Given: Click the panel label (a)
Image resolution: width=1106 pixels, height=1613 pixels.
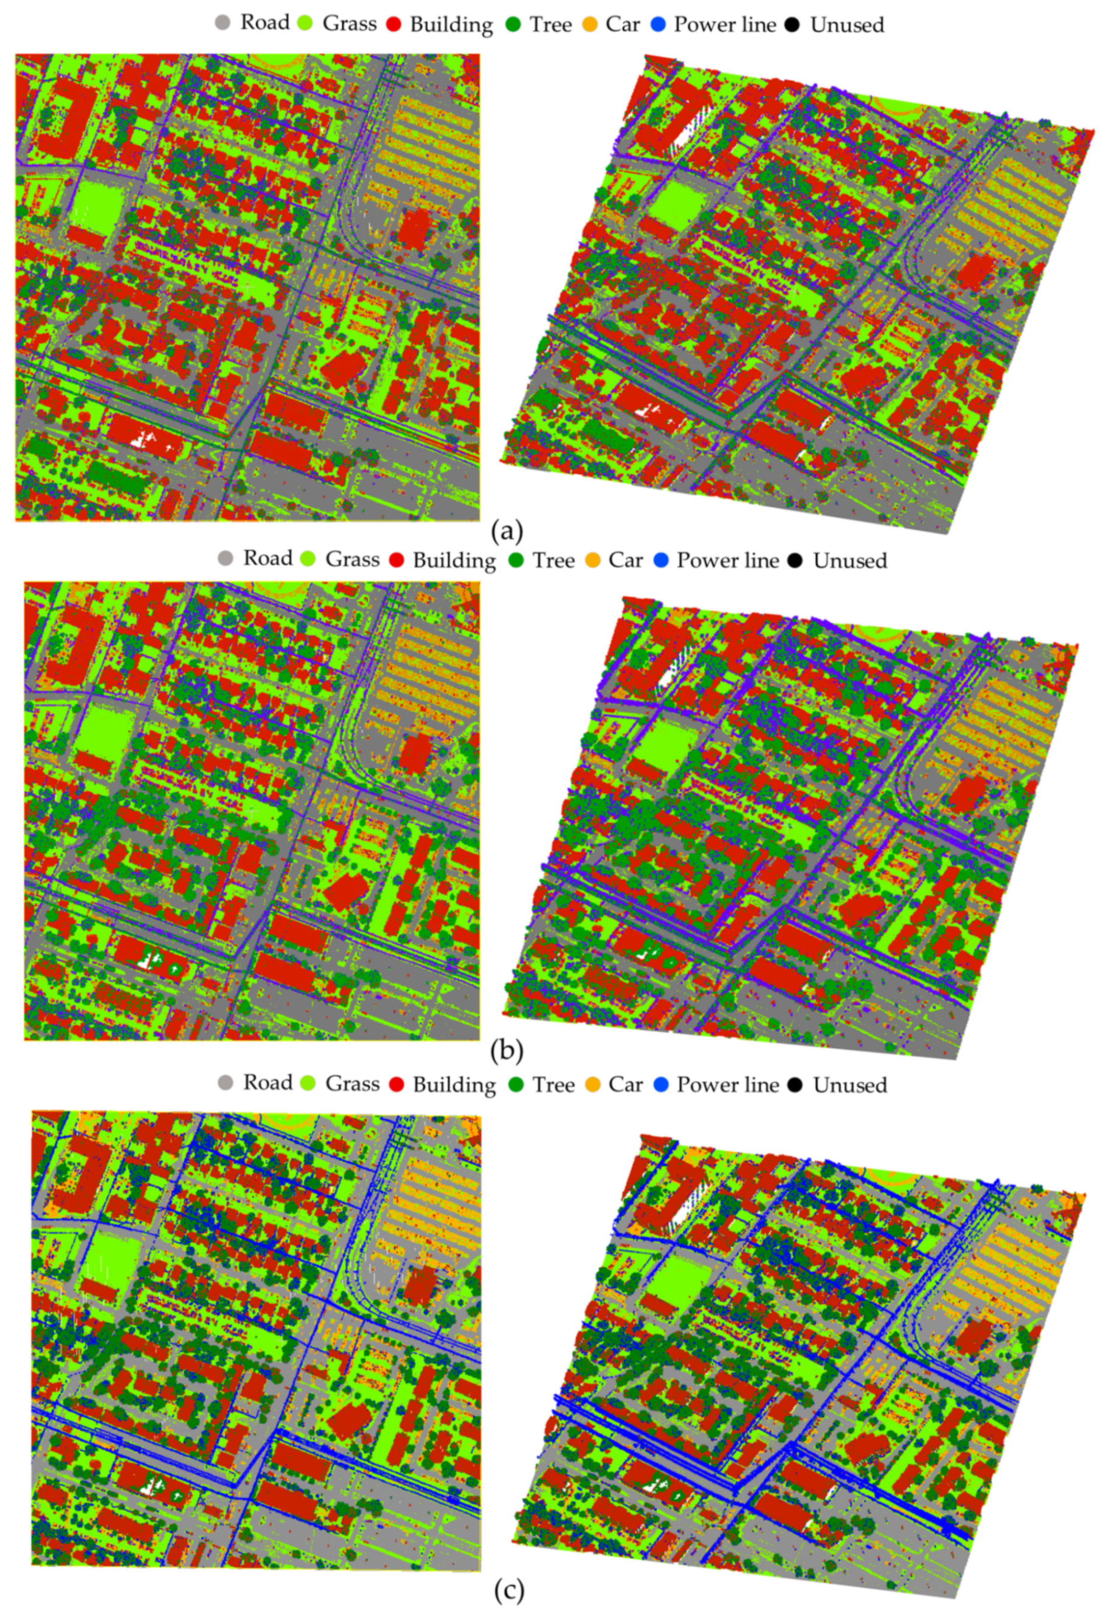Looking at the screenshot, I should pos(505,532).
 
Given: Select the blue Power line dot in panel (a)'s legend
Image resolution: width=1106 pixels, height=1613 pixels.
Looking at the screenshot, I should pos(660,25).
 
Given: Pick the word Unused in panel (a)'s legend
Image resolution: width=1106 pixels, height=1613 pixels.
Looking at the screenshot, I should pos(847,25).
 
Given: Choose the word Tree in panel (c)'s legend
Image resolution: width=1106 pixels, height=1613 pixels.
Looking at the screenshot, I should pos(553,1084).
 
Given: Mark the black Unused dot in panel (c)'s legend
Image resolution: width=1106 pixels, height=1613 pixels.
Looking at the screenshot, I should pos(795,1084).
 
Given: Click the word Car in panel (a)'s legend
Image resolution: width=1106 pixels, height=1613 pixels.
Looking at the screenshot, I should pos(623,25).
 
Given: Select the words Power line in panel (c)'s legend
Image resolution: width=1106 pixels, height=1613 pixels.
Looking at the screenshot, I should pos(728,1084).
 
